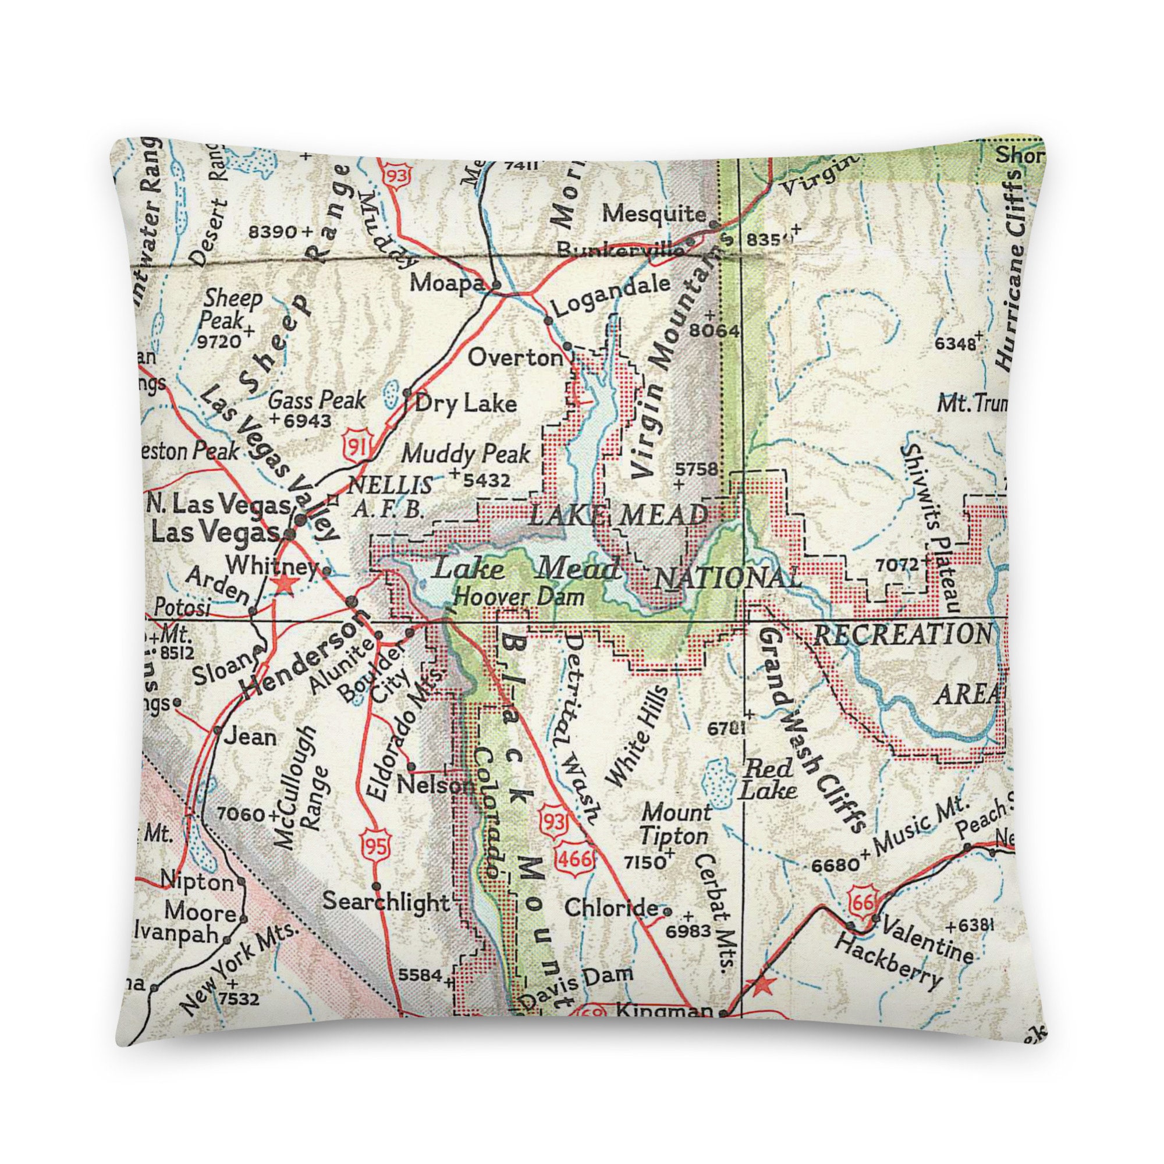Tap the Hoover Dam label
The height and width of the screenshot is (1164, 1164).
pos(519,597)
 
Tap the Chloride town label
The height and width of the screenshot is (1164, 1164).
pos(612,924)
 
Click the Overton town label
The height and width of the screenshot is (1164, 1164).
pos(515,359)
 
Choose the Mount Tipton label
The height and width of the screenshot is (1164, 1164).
pos(675,824)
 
